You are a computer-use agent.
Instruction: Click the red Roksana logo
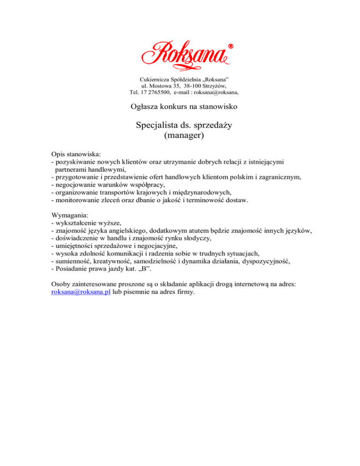click(x=185, y=54)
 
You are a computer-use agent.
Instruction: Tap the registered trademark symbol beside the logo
click(x=231, y=46)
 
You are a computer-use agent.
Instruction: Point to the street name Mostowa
click(x=160, y=86)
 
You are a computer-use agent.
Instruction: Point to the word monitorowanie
click(x=77, y=201)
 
